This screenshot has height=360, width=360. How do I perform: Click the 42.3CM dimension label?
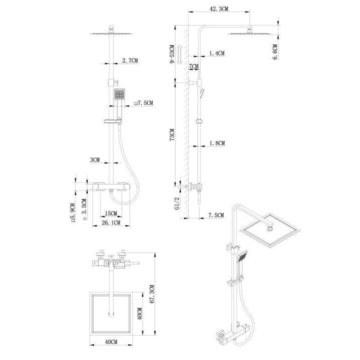tap(220, 8)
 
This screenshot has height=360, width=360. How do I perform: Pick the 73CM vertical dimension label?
tap(171, 135)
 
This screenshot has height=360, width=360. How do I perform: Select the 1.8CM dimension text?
tap(216, 143)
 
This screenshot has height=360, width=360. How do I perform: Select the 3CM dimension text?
tap(95, 160)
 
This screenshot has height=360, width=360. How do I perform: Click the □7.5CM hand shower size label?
tap(143, 103)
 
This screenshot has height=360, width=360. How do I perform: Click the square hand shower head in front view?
tap(118, 94)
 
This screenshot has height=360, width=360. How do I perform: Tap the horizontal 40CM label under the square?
tap(110, 341)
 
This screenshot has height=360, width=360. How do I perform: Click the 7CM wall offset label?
tap(193, 66)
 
